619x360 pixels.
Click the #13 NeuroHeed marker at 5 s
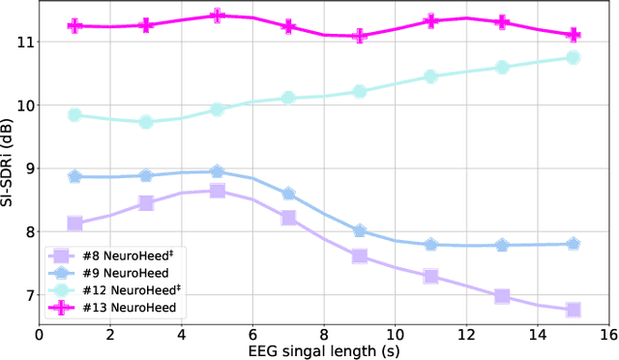pos(217,15)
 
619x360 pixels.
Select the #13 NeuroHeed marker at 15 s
pos(574,34)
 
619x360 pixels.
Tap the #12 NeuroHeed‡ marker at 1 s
pos(74,114)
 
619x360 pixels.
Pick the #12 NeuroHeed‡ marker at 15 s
pos(574,58)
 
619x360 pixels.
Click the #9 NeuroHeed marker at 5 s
pos(217,171)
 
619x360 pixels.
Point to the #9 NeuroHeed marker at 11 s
pos(431,244)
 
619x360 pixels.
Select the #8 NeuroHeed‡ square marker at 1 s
pos(74,223)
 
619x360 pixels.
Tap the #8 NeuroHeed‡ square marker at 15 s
pos(574,310)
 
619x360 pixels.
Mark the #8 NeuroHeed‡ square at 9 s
pos(360,256)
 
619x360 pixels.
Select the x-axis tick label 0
pos(39,334)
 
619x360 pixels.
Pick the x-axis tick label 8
pos(324,334)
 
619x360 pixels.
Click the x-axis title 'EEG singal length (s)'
pos(324,350)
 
